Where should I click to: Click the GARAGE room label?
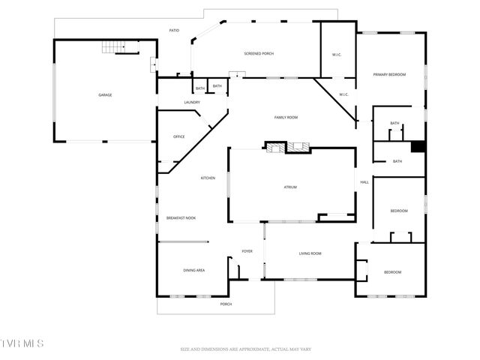coord(105,94)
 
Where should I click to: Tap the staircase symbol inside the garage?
coord(121,47)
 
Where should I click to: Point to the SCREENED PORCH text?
coord(259,53)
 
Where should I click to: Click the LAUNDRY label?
coord(192,102)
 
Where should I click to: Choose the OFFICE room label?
coord(178,136)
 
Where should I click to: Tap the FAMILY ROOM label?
coord(286,118)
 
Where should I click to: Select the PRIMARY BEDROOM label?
coord(390,74)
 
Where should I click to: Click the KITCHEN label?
coord(208,178)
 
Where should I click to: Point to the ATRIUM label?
coord(290,187)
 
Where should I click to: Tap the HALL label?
coord(364,182)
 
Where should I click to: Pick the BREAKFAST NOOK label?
coord(181,217)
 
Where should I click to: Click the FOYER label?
coord(247,251)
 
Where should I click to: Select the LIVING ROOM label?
coord(310,253)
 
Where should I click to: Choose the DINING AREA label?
coord(194,270)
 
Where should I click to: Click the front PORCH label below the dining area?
coord(226,304)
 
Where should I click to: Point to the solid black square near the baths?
coord(418,148)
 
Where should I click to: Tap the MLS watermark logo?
coord(22,343)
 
